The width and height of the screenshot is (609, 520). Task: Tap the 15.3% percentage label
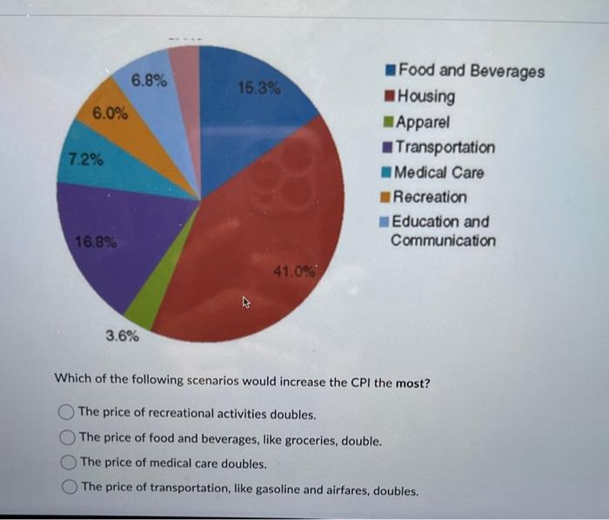pos(258,88)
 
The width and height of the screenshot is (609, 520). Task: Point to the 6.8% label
pos(150,81)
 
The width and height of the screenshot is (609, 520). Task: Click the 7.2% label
pos(84,161)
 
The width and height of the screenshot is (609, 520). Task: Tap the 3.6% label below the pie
pos(122,336)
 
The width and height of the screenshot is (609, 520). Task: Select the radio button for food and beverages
pos(66,439)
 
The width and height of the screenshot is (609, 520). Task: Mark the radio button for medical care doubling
pos(66,463)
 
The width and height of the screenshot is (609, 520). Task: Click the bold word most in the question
pos(412,383)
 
